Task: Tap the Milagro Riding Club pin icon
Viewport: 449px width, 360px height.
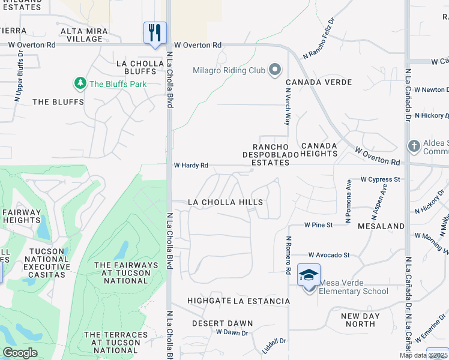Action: click(275, 70)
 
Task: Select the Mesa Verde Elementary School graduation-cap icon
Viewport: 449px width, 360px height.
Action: click(309, 275)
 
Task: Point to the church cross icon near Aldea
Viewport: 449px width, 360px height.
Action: click(414, 146)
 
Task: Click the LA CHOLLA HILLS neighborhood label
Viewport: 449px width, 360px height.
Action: click(225, 202)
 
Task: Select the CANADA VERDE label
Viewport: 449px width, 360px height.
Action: click(318, 82)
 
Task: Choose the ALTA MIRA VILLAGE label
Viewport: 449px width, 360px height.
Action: click(84, 35)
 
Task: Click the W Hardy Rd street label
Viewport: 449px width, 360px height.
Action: click(191, 165)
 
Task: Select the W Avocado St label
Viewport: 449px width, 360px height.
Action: click(329, 255)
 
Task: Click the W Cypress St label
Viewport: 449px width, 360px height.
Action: click(380, 179)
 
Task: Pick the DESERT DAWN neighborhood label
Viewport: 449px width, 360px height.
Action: click(222, 323)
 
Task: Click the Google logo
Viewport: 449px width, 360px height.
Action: click(20, 353)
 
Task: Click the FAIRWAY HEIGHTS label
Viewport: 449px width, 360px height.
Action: click(21, 216)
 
